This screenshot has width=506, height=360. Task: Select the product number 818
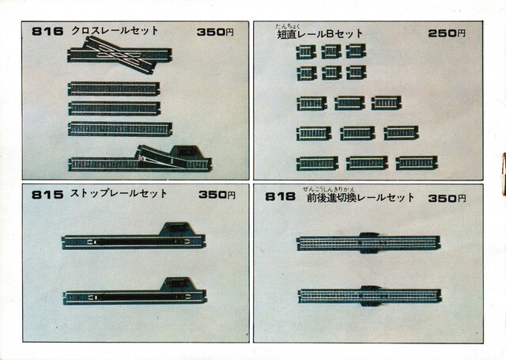[x=281, y=197]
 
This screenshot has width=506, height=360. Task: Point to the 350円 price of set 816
[x=216, y=32]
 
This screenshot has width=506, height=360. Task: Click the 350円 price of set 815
[x=217, y=195]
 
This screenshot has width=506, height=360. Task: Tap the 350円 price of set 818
[x=447, y=198]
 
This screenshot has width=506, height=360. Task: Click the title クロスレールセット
[x=115, y=31]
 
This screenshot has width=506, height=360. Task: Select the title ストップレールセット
[x=119, y=194]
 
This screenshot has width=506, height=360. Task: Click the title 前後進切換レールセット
[x=361, y=198]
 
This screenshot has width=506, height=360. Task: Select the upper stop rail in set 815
[x=134, y=240]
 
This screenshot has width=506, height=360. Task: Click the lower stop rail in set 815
[x=134, y=295]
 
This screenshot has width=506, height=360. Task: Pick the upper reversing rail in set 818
[x=368, y=242]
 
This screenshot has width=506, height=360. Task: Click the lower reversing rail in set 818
[x=368, y=296]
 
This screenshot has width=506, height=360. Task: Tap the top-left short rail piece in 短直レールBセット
[x=306, y=51]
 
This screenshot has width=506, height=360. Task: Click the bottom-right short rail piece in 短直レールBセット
[x=417, y=163]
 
